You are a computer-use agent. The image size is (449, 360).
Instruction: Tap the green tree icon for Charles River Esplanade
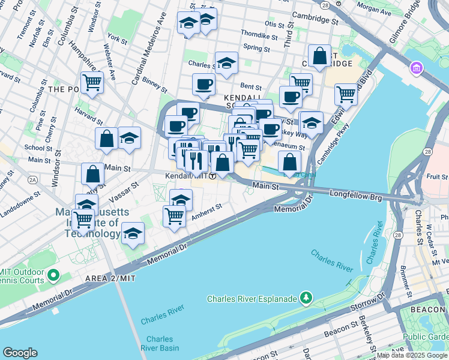[x=307, y=298]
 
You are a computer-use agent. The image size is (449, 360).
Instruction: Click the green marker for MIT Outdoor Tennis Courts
[x=53, y=275]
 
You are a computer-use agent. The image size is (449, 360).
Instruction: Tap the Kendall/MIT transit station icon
[x=212, y=176]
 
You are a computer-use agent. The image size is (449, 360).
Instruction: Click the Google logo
[x=20, y=352]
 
